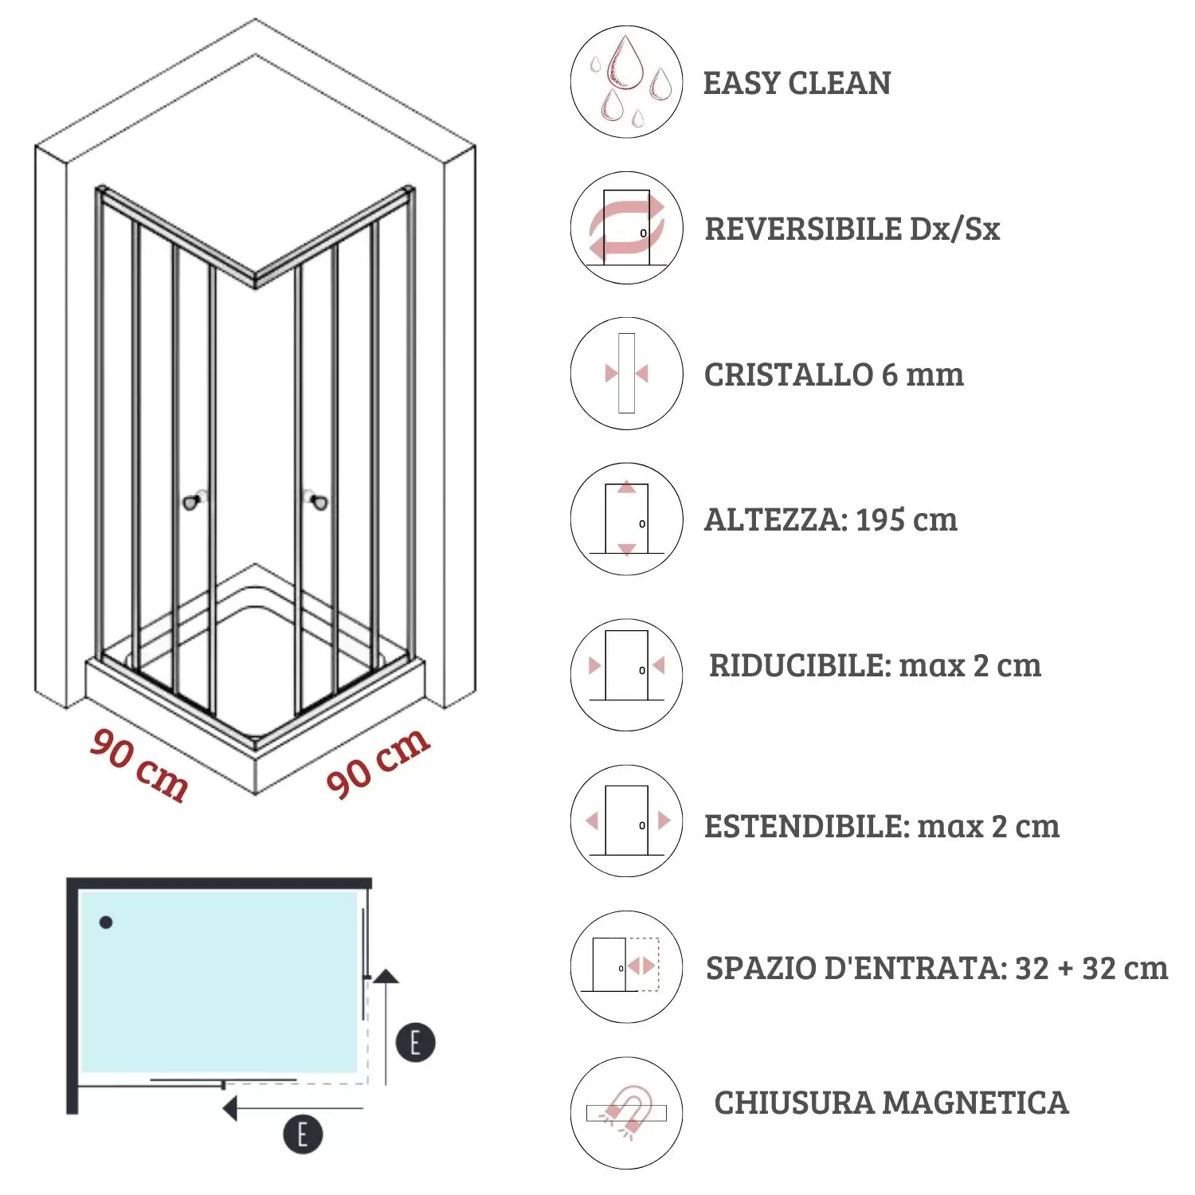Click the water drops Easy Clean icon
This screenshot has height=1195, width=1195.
626,82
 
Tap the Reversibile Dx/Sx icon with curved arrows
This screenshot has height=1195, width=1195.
626,228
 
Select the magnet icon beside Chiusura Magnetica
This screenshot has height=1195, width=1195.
626,1112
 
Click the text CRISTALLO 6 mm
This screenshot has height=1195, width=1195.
833,374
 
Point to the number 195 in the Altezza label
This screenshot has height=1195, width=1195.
880,519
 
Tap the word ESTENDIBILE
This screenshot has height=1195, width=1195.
806,826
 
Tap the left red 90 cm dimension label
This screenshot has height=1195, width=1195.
139,763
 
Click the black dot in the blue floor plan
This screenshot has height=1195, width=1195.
106,922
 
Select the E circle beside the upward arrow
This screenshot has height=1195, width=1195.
415,1042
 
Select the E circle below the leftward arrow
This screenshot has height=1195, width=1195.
303,1134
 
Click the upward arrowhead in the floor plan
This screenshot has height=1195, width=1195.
386,976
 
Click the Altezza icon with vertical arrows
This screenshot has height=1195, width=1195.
626,519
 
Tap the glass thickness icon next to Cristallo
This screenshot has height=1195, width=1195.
626,373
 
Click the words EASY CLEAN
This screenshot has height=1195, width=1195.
797,83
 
